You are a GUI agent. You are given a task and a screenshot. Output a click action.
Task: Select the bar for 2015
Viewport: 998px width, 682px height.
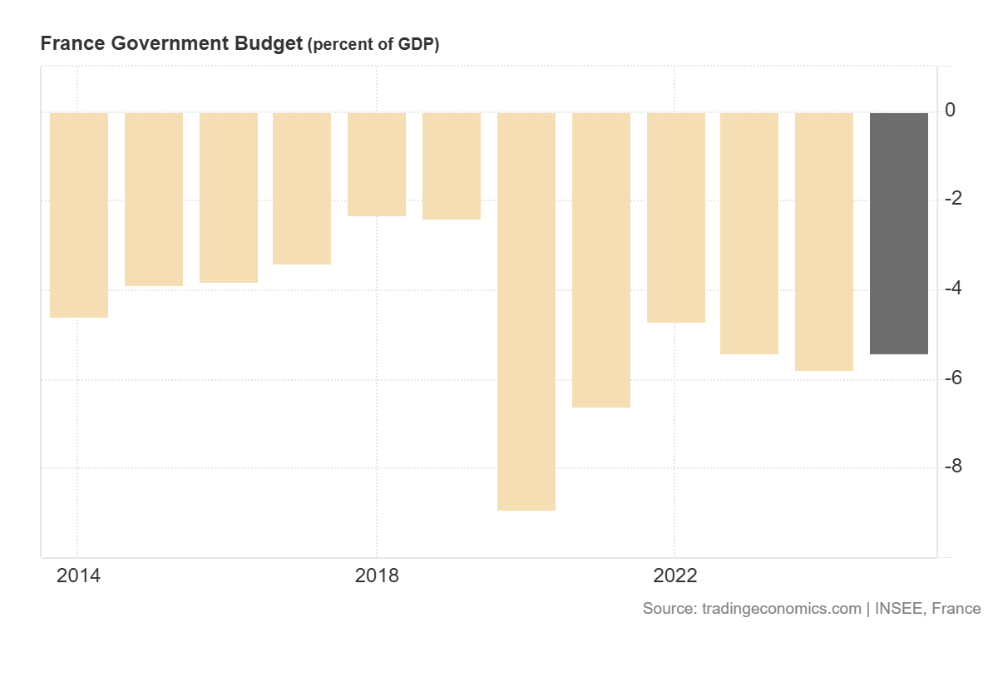point(154,199)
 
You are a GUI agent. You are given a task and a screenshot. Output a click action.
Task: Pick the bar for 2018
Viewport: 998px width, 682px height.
point(377,164)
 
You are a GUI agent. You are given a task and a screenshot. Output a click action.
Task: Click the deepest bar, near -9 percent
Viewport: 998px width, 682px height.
point(526,311)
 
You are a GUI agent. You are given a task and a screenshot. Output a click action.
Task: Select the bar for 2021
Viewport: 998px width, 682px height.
point(601,259)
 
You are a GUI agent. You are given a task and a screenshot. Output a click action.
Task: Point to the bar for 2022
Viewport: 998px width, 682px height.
point(676,217)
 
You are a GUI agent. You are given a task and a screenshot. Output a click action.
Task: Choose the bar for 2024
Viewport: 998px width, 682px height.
point(824,241)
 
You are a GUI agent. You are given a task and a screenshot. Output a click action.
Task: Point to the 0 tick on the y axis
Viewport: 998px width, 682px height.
point(950,111)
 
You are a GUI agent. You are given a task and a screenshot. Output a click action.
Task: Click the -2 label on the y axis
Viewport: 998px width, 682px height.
point(953,200)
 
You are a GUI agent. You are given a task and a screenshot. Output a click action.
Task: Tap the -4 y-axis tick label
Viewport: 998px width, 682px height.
point(953,289)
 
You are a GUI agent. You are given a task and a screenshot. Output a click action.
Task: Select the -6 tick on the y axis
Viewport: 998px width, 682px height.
point(953,378)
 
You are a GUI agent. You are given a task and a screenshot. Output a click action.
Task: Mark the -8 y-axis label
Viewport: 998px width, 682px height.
point(953,467)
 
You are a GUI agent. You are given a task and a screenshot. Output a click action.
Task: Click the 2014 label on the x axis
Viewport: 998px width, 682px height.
point(78,576)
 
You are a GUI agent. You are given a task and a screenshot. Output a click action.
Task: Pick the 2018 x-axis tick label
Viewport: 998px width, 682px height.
point(377,576)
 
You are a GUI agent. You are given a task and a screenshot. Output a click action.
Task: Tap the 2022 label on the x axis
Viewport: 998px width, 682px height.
point(675,576)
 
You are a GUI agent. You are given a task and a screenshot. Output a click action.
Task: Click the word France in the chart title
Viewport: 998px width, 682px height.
point(70,44)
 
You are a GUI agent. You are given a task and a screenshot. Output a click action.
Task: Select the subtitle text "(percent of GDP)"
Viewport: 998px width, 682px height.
point(373,45)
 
